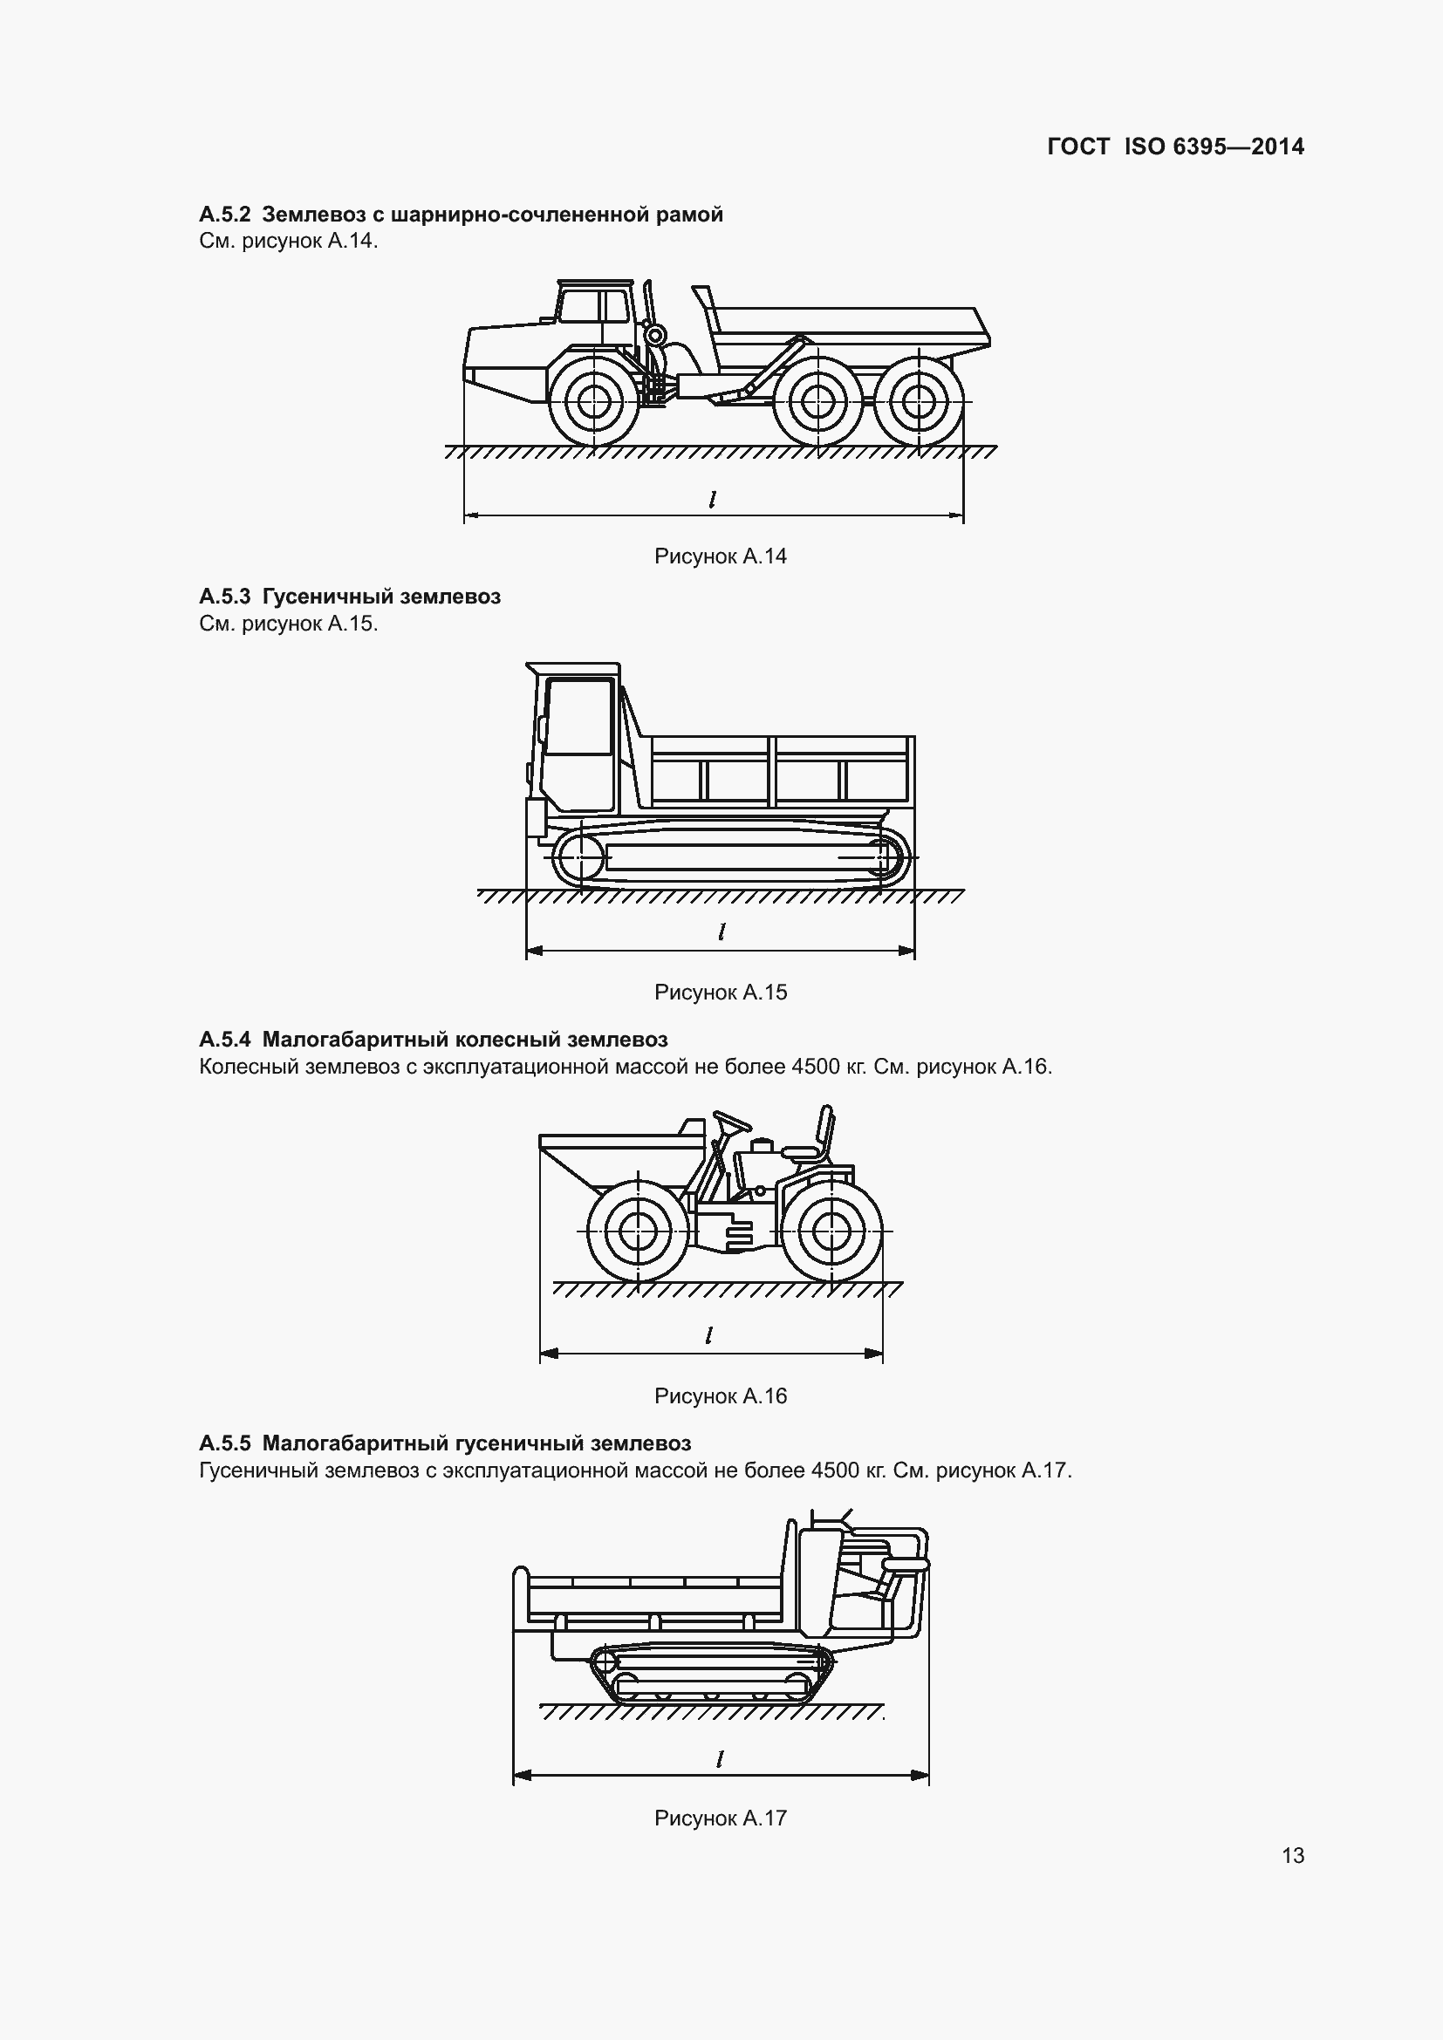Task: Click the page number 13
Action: [x=1293, y=1855]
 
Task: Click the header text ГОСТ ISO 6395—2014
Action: [x=1175, y=147]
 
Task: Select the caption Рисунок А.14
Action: [x=721, y=556]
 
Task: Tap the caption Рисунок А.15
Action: [x=721, y=993]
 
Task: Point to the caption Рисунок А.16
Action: [x=721, y=1395]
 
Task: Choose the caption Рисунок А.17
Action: [x=721, y=1818]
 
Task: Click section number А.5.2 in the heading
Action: [x=226, y=215]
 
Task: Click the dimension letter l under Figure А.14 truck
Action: [x=713, y=500]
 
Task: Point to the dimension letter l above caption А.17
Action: [x=721, y=1757]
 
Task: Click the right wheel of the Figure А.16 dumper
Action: [x=831, y=1232]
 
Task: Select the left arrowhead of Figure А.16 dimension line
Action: [x=549, y=1354]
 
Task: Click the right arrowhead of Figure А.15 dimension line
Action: [x=906, y=951]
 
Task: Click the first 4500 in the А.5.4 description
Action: [x=815, y=1066]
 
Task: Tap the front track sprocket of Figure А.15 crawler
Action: [x=577, y=858]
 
